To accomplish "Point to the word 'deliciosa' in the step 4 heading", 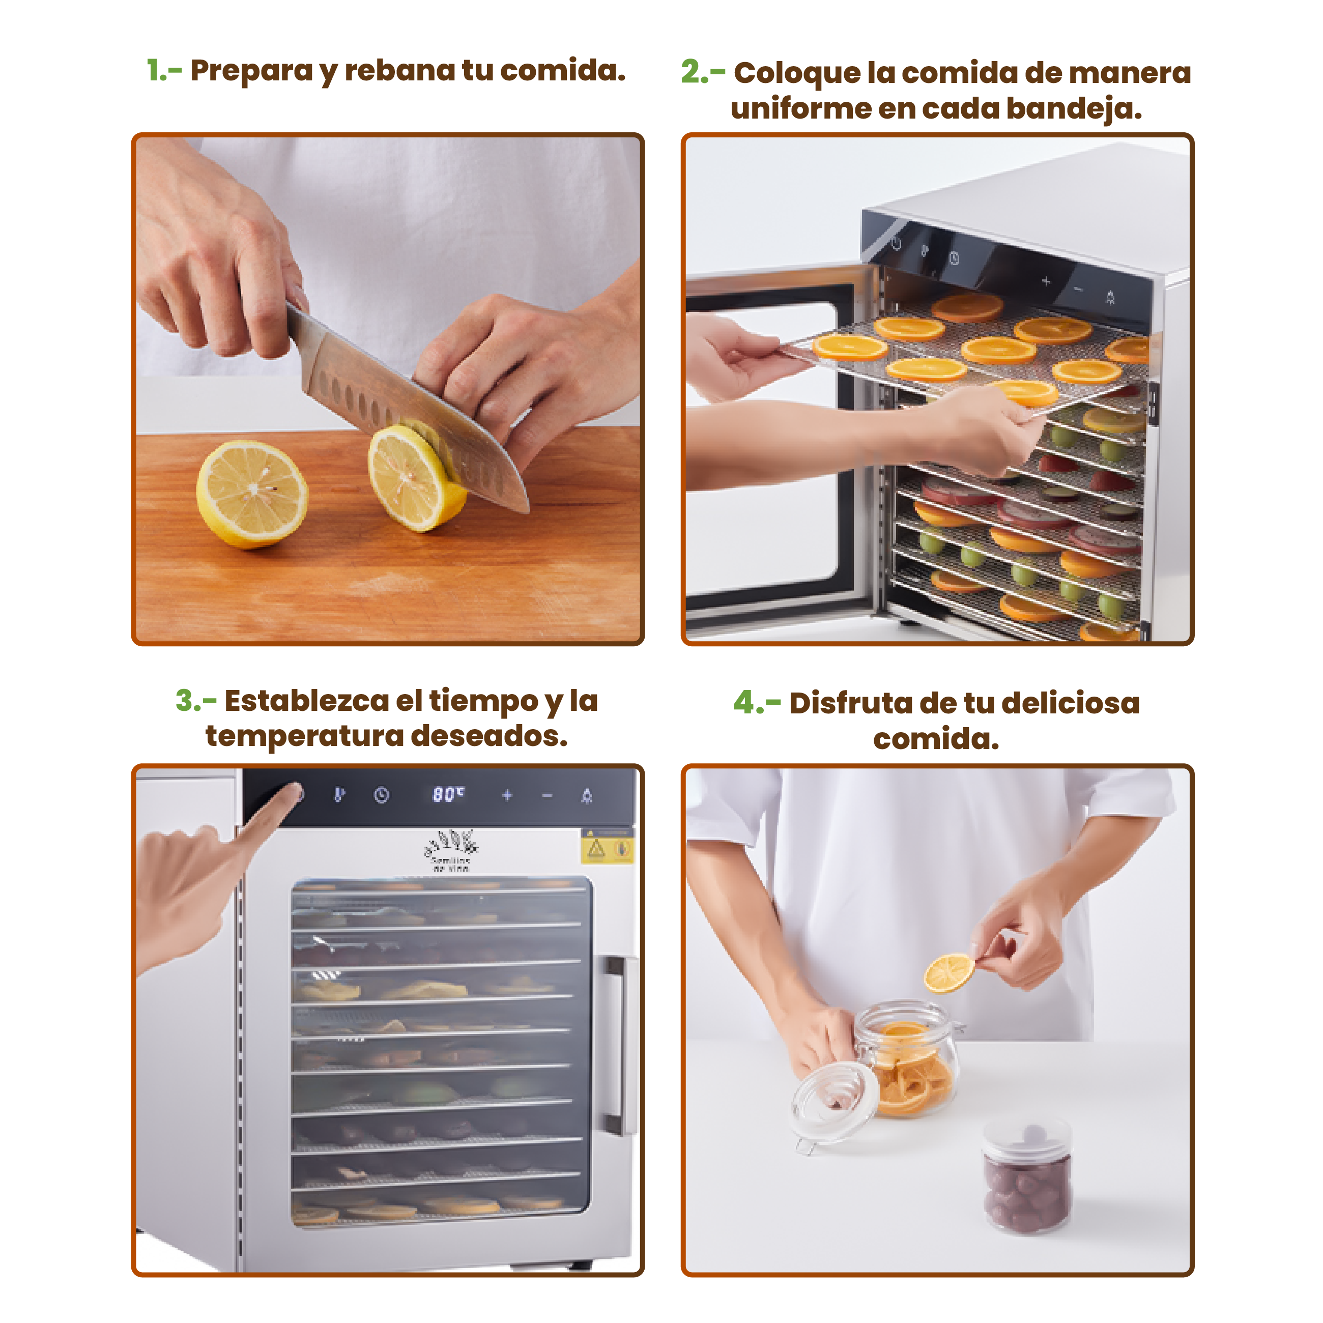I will pyautogui.click(x=1070, y=703).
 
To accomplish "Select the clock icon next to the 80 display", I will pyautogui.click(x=382, y=795).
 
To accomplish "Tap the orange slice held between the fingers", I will pyautogui.click(x=949, y=972).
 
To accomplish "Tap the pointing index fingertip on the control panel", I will pyautogui.click(x=295, y=794).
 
